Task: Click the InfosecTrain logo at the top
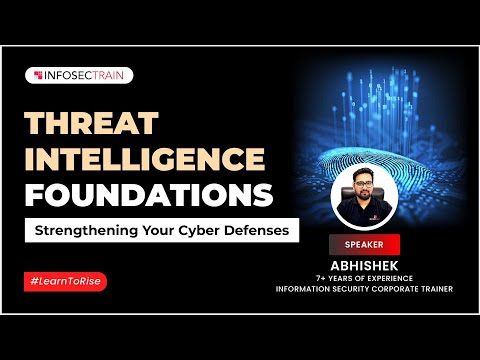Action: coord(78,75)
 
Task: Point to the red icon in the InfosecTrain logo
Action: coord(37,75)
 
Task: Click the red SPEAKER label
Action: coord(365,243)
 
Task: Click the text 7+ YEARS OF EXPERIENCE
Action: coord(364,278)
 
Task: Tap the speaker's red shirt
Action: coord(364,213)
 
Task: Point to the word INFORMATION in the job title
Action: coord(302,290)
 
